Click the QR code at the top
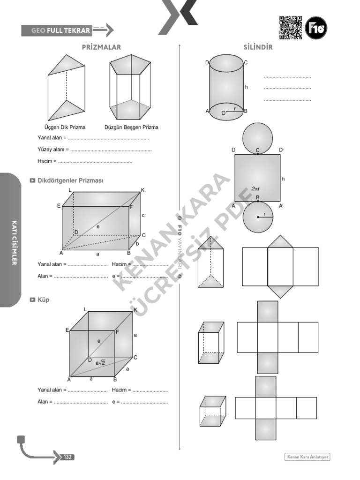tap(291, 28)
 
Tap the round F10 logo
tap(316, 28)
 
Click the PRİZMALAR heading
tap(101, 47)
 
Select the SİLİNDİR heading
tap(258, 47)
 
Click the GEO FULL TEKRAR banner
tap(61, 31)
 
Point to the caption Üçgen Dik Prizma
tap(65, 127)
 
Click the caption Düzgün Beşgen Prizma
tap(131, 127)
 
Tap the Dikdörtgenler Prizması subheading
tap(70, 180)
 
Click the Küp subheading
tap(43, 300)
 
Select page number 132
tap(67, 457)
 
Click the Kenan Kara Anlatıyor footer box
tap(310, 457)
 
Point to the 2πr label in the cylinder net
tap(256, 188)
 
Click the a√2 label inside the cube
tap(100, 362)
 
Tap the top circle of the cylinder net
tap(258, 136)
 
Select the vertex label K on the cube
tap(135, 310)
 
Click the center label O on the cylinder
tap(223, 112)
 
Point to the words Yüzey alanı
tap(52, 150)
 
